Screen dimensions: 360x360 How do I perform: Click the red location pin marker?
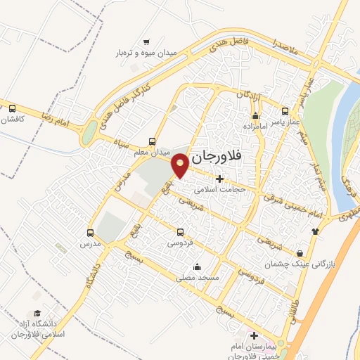point(181,164)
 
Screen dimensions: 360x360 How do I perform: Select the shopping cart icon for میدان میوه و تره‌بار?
point(146,41)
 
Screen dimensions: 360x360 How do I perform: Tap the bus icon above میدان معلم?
point(153,141)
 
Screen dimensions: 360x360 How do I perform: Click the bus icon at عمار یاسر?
point(285,110)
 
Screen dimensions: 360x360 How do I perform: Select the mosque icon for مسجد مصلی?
point(197,267)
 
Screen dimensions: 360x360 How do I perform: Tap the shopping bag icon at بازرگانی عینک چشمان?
point(301,253)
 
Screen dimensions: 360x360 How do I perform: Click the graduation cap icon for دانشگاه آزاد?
point(37,314)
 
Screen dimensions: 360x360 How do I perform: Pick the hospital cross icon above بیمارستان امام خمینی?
point(255,337)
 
